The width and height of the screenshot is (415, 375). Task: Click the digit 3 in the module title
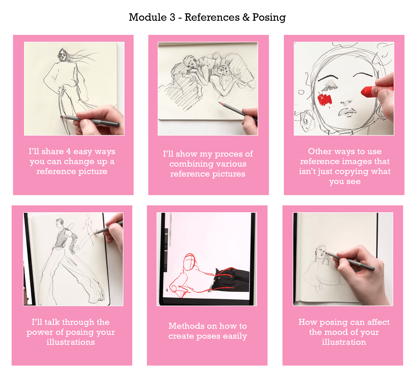173,17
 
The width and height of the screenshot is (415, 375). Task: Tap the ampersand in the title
246,17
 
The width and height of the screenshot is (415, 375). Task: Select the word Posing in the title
269,18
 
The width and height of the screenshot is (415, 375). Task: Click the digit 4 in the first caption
69,151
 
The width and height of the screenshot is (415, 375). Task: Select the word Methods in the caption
186,326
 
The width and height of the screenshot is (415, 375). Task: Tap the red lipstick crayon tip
368,92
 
